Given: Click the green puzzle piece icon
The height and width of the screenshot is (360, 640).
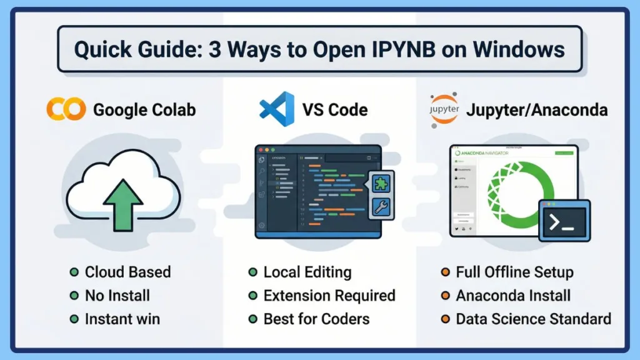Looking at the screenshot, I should click(x=381, y=182).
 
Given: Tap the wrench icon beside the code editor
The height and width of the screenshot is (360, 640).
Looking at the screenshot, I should click(x=381, y=207).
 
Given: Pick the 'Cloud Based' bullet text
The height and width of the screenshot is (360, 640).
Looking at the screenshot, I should click(x=127, y=272).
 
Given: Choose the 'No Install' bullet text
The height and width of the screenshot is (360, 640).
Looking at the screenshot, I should click(x=117, y=295).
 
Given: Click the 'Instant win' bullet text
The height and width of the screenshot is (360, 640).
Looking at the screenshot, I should click(x=122, y=319).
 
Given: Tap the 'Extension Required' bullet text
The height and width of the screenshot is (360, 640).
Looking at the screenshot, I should click(x=329, y=295).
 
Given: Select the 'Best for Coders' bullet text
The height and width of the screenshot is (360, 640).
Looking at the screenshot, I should click(x=316, y=319).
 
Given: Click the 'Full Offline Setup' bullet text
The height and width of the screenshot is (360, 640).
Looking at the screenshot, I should click(x=514, y=272).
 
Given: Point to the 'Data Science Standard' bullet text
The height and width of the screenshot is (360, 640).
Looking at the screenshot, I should click(x=533, y=319).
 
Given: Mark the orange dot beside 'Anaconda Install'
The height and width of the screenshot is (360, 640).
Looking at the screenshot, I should click(x=445, y=296).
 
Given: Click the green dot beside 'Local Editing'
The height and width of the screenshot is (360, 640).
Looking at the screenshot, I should click(x=252, y=272).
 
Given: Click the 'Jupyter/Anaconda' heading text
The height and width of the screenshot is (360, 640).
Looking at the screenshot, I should click(x=536, y=110).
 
